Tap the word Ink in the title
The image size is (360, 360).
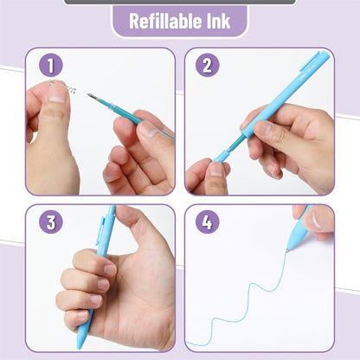tap(216, 22)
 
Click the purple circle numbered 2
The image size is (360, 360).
tap(206, 66)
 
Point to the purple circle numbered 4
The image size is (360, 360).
tap(206, 222)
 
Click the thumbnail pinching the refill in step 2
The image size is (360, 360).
tap(214, 168)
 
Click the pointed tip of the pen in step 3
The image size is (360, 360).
tap(80, 344)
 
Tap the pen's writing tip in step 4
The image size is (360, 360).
tap(287, 251)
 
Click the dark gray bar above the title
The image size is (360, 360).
tap(179, 3)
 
